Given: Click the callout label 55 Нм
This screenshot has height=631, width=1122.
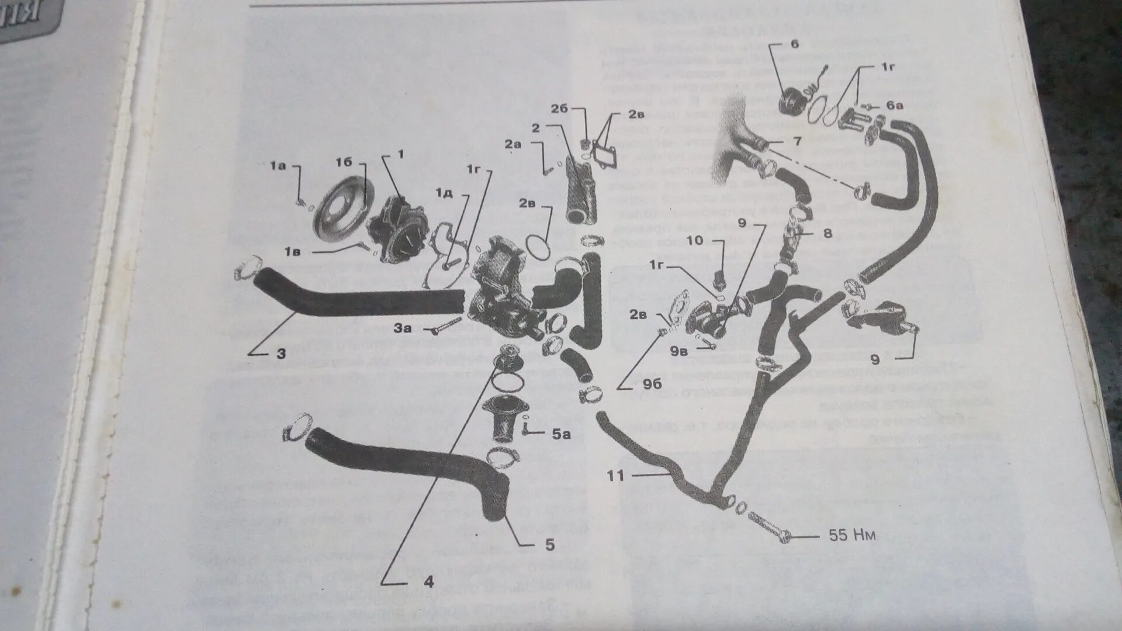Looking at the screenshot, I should click(x=852, y=535).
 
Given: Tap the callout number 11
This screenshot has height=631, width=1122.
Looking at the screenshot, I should click(x=615, y=476).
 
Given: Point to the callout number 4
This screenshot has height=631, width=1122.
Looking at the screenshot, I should click(x=428, y=581).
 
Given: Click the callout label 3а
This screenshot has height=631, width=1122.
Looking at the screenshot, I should click(x=403, y=328).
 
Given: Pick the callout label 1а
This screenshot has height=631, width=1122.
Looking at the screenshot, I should click(x=278, y=167).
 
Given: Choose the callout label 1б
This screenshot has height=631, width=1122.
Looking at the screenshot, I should click(x=344, y=162).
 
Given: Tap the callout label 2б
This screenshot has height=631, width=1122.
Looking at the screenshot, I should click(x=559, y=109).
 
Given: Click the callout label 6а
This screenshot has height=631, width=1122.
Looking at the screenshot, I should click(x=895, y=106).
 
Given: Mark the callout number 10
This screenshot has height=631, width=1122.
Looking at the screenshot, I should click(x=695, y=240).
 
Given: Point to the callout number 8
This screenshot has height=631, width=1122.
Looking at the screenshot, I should click(x=827, y=233).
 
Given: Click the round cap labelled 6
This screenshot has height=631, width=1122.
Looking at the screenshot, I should click(x=794, y=105).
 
